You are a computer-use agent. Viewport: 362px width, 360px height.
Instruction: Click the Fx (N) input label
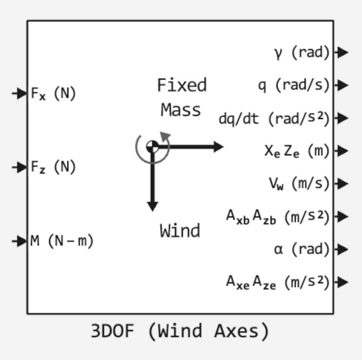(53, 93)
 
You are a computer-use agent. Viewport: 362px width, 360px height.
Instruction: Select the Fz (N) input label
(53, 167)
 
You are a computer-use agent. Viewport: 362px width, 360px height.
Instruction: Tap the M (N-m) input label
(62, 240)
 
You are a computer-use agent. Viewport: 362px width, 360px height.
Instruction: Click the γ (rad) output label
(301, 52)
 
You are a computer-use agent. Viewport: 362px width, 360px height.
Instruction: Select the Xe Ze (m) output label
(297, 151)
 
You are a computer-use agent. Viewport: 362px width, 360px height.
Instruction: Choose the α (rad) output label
(301, 249)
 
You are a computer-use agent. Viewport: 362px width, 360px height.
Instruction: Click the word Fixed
(182, 85)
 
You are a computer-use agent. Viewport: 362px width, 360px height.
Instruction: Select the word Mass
(181, 110)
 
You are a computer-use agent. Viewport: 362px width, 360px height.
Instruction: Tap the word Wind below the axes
(180, 231)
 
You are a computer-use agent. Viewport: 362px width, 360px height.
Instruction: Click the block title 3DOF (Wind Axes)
(180, 331)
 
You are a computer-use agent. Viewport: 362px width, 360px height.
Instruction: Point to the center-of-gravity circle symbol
(152, 146)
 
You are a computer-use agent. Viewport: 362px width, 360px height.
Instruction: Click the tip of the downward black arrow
(152, 209)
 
